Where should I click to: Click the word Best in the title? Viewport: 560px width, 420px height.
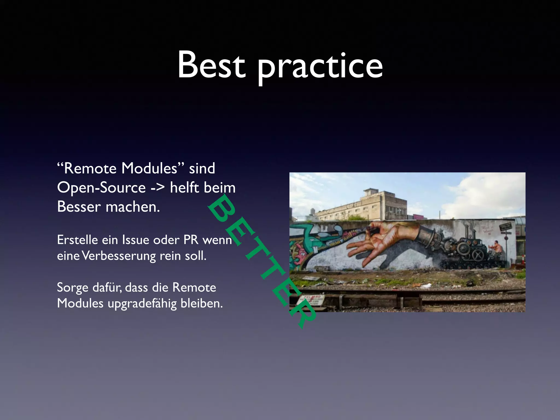click(x=211, y=65)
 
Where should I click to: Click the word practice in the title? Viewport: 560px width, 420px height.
click(x=320, y=67)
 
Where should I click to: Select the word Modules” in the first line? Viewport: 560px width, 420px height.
click(x=153, y=168)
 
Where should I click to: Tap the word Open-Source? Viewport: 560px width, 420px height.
click(x=101, y=188)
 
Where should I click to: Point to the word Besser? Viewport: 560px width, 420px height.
click(x=79, y=207)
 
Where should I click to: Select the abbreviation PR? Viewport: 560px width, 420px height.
click(x=191, y=240)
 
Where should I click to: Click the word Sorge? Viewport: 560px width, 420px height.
click(x=73, y=288)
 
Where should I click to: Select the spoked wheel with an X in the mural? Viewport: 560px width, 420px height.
click(x=478, y=256)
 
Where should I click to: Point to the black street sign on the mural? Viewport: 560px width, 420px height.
click(x=505, y=227)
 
